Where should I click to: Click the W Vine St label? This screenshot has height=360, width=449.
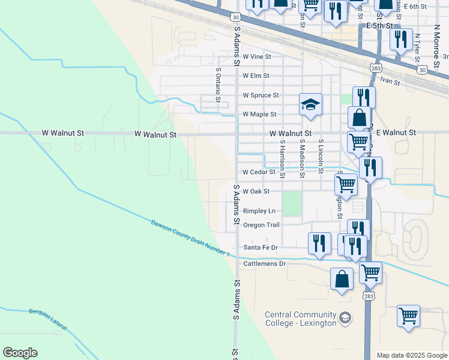coord(257,57)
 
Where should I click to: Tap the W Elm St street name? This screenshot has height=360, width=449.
coord(256,76)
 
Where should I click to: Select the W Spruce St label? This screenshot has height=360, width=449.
coord(261,95)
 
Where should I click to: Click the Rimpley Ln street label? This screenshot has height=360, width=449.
coord(259,211)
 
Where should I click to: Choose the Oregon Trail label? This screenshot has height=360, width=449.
coord(261,225)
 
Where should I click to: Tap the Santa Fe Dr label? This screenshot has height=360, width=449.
coord(261,247)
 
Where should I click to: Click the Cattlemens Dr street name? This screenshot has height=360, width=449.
coord(264,263)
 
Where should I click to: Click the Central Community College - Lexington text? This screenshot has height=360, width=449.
coord(301,319)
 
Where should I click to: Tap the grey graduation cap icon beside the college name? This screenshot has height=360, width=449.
coord(345,317)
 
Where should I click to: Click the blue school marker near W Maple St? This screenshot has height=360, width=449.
coord(311,104)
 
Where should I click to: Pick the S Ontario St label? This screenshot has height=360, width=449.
coord(218,85)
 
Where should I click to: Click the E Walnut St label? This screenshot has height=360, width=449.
coord(393,132)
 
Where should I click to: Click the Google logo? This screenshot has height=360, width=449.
coord(20,353)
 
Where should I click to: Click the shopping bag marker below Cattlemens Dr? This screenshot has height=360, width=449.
coord(342,280)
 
